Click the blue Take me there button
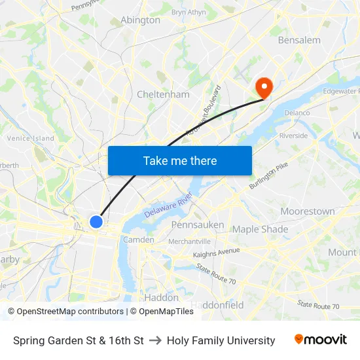(180, 160)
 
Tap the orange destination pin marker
(264, 87)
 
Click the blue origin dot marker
(96, 222)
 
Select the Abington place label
(140, 20)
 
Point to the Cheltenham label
(163, 94)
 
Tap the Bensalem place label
(299, 40)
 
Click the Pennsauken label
(198, 225)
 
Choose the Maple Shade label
(260, 229)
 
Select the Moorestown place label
(307, 211)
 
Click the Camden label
(138, 240)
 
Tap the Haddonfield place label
(217, 305)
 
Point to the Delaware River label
(168, 204)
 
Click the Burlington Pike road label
(268, 177)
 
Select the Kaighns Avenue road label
(217, 252)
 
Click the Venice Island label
(30, 138)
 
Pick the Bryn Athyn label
(188, 12)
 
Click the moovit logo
(321, 340)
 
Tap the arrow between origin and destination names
(155, 340)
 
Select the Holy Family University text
(221, 340)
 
